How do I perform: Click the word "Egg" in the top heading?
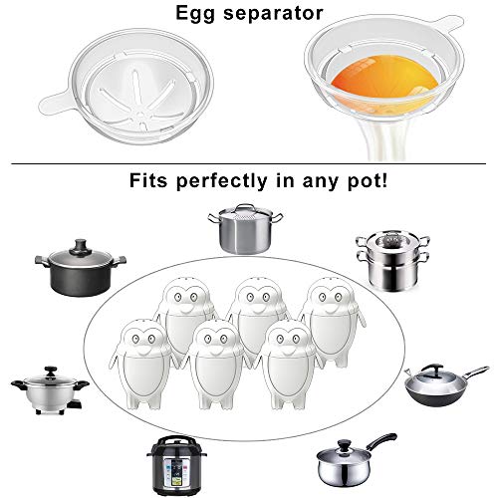[x=195, y=14]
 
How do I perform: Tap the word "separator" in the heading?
[x=273, y=14]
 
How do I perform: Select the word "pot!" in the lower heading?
[x=368, y=181]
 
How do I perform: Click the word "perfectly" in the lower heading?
[x=222, y=181]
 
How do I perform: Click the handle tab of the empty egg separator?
[x=56, y=103]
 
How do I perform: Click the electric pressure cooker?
[x=176, y=465]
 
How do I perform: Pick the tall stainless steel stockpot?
[x=245, y=229]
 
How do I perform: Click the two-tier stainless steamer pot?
[x=392, y=261]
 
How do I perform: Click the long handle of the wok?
[x=475, y=373]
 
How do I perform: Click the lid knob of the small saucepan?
[x=344, y=444]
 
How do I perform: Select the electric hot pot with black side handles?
[x=50, y=390]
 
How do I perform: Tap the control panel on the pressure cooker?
[x=176, y=468]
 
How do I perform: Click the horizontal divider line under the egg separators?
[x=248, y=163]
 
